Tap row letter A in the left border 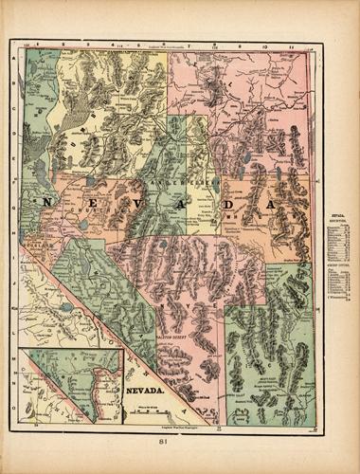click(15, 57)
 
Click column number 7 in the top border click(189, 45)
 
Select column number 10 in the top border click(266, 45)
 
